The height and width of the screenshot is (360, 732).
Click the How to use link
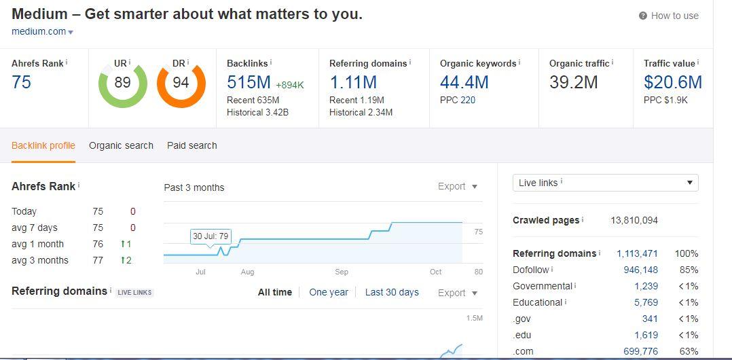[669, 16]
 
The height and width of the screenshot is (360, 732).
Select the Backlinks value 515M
[249, 82]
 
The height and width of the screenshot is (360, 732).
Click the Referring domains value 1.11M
[353, 82]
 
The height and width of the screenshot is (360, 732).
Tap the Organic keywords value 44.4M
[464, 82]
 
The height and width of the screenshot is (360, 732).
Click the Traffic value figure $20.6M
[673, 82]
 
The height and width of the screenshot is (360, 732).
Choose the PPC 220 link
[467, 100]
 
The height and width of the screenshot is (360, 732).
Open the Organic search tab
[121, 145]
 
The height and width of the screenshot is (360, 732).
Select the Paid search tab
[192, 145]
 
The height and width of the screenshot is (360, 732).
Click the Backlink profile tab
[43, 145]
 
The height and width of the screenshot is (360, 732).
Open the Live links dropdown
[605, 183]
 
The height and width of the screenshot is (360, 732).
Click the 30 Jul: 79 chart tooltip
[211, 236]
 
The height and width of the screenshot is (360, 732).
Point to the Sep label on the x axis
[342, 272]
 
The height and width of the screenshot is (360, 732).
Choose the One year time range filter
[329, 292]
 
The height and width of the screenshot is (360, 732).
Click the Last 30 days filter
[392, 292]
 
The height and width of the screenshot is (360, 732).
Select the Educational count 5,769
[646, 302]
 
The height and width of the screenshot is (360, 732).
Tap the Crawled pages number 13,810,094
[634, 220]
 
